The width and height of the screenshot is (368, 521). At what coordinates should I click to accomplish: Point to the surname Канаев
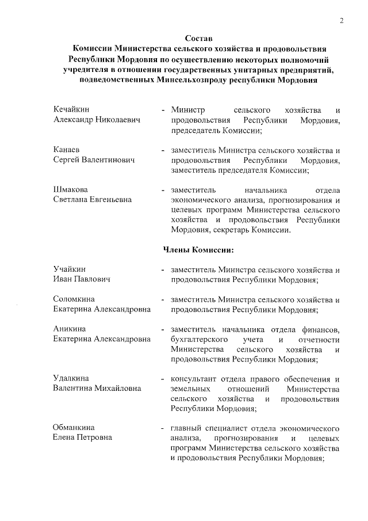(x=66, y=149)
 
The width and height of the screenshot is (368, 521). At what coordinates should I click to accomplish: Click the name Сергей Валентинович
(x=94, y=159)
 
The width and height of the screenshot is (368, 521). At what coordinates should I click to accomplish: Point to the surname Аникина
(x=70, y=329)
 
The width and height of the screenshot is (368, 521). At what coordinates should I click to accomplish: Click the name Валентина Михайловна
(x=97, y=389)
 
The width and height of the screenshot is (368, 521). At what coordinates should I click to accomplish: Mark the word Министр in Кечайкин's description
(x=188, y=109)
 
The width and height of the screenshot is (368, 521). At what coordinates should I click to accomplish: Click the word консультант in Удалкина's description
(x=194, y=378)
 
